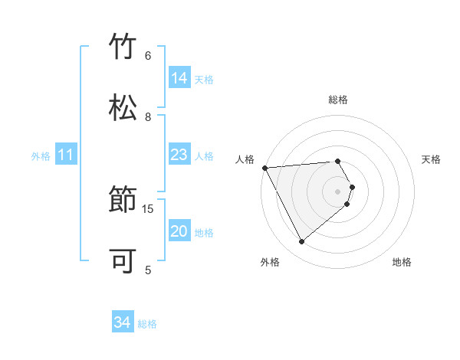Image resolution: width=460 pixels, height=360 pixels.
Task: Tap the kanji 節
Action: point(123,201)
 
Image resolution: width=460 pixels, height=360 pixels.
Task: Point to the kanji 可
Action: point(123,260)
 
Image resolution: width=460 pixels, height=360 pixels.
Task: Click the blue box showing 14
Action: point(179,78)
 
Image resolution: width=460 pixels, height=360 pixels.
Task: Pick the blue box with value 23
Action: point(179,155)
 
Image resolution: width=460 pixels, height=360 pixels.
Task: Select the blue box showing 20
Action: point(179,232)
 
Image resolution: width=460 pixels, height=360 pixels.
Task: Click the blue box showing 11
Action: point(66,155)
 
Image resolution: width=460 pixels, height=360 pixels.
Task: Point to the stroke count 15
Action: point(148,208)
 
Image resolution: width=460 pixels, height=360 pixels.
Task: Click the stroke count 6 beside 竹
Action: point(148,55)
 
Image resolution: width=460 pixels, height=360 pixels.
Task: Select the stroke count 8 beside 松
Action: point(148,116)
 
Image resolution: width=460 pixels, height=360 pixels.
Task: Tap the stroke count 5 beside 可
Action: point(148,270)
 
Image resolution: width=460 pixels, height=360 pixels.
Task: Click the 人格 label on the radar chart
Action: point(244,159)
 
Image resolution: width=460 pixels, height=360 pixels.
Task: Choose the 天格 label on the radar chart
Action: point(432,159)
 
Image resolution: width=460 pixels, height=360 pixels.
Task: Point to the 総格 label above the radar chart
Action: point(338,100)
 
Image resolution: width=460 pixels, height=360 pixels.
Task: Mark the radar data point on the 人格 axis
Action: point(264,168)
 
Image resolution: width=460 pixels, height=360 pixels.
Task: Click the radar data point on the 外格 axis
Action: point(301,242)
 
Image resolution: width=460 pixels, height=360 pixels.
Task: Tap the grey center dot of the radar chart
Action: point(338,191)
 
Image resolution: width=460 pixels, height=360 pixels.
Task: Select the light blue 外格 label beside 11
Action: point(41,156)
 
